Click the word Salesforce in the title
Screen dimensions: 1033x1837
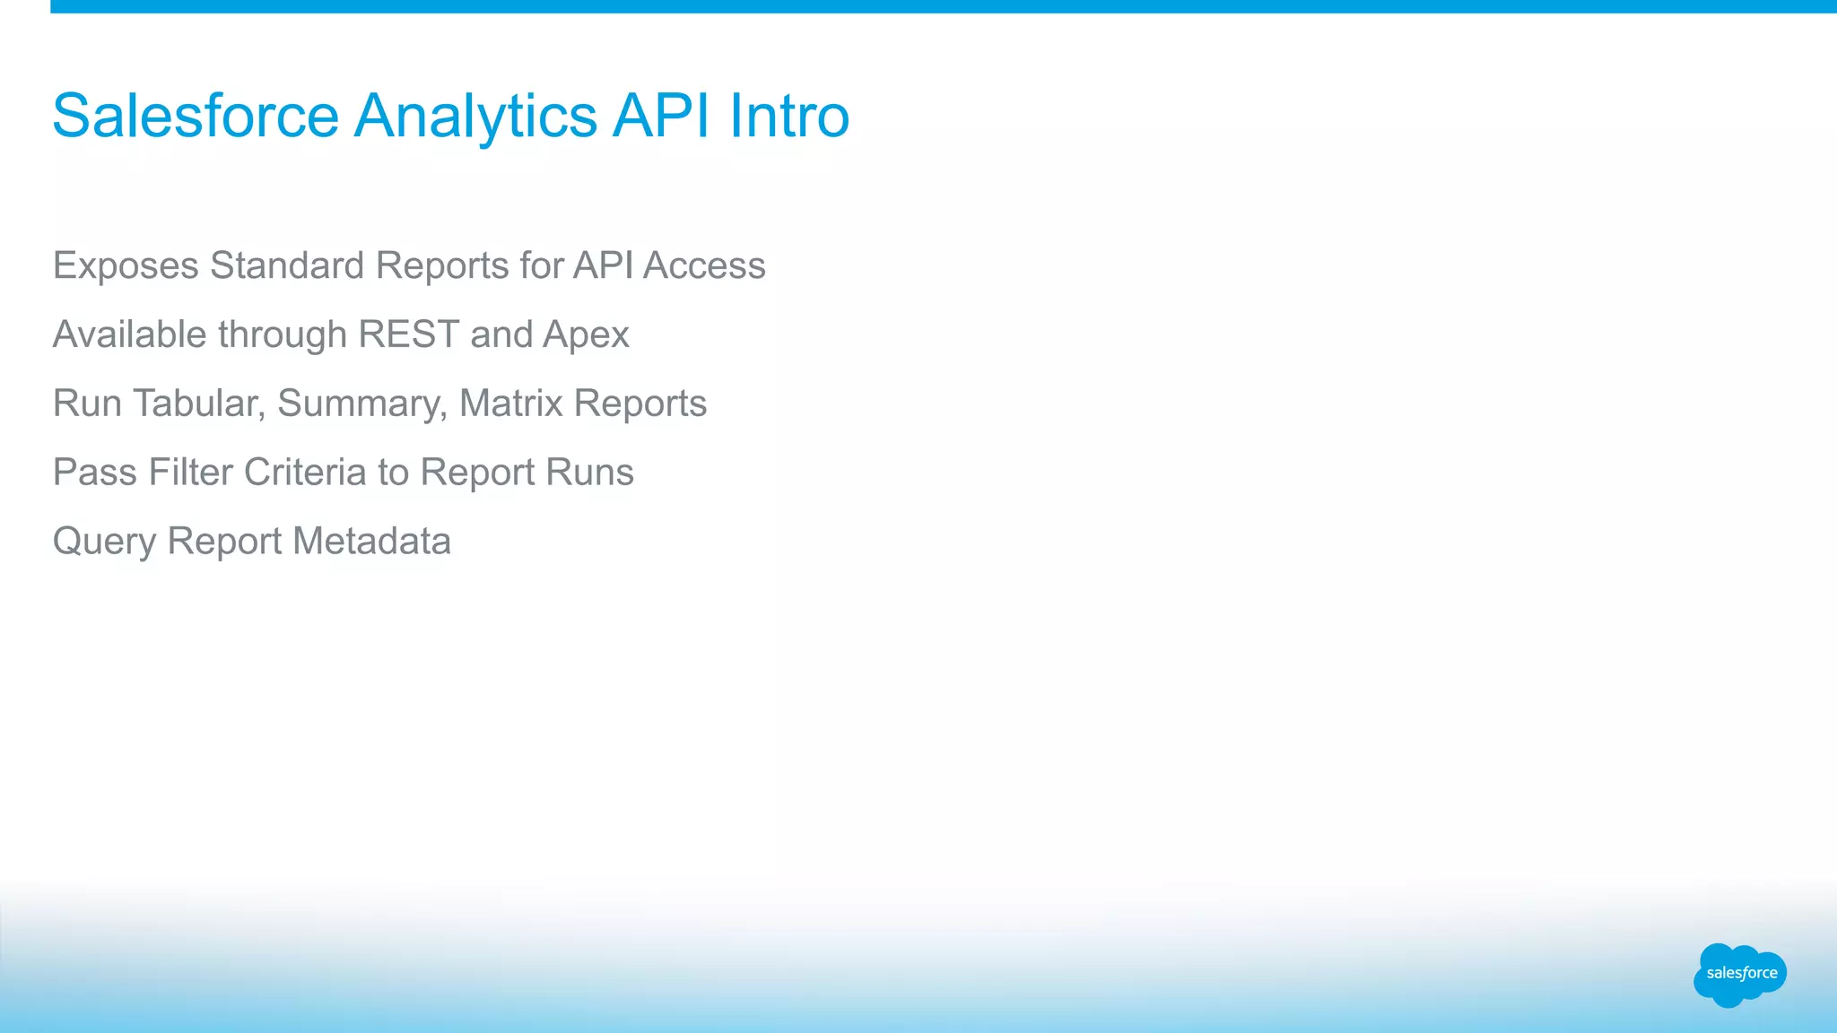tap(196, 117)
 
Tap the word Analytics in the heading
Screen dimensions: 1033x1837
tap(475, 117)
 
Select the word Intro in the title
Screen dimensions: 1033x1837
tap(788, 117)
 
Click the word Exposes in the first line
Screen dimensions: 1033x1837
tap(126, 265)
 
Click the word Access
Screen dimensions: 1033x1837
tap(704, 265)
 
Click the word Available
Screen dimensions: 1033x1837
tap(130, 334)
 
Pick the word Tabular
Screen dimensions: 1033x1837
tap(198, 404)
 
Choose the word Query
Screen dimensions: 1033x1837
tap(104, 542)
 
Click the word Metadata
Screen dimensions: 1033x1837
tap(371, 542)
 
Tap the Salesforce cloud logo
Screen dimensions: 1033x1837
tap(1740, 974)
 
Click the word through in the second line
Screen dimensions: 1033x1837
tap(283, 334)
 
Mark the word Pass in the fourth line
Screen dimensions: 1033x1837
tap(95, 473)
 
